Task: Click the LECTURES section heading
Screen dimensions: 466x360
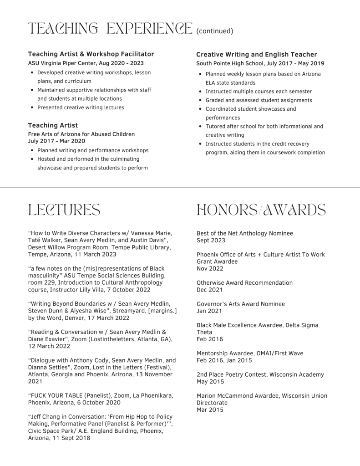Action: click(64, 210)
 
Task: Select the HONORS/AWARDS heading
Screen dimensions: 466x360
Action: click(261, 210)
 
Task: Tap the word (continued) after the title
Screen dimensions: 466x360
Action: click(215, 31)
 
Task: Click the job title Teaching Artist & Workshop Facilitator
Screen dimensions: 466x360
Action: click(91, 54)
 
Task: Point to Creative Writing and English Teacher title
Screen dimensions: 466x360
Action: click(257, 54)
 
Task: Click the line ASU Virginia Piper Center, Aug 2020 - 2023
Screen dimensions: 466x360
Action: click(86, 63)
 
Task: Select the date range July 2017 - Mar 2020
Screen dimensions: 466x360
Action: click(56, 141)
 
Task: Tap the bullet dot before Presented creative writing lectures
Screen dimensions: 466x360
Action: click(32, 108)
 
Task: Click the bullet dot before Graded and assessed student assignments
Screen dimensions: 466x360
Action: click(200, 100)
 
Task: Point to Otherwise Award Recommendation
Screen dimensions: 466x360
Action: click(244, 283)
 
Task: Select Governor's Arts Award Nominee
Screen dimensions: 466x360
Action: click(241, 304)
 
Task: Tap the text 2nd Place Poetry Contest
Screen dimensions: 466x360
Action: click(231, 374)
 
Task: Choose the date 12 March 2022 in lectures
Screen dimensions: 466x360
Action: click(49, 346)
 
